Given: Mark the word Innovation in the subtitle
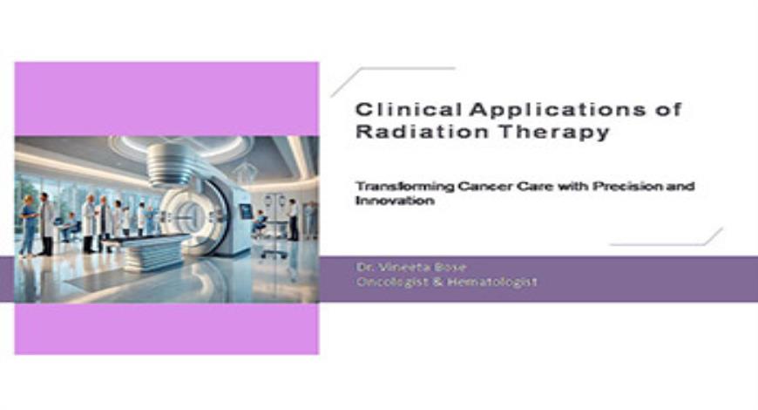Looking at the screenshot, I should (x=386, y=201).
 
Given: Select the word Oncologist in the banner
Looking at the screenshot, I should (x=392, y=282).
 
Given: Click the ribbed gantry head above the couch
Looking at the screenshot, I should (x=169, y=164).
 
